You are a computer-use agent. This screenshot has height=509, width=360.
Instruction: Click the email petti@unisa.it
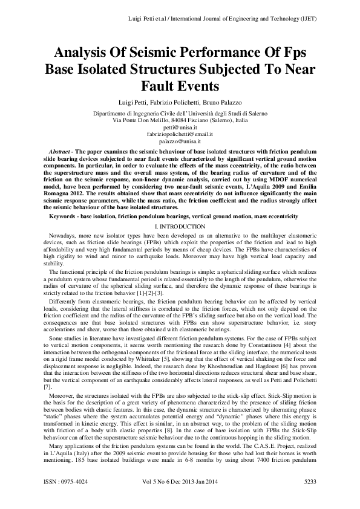coord(180,127)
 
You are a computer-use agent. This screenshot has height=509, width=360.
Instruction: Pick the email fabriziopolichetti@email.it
coord(180,134)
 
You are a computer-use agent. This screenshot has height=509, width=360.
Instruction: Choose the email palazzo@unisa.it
coord(180,140)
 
